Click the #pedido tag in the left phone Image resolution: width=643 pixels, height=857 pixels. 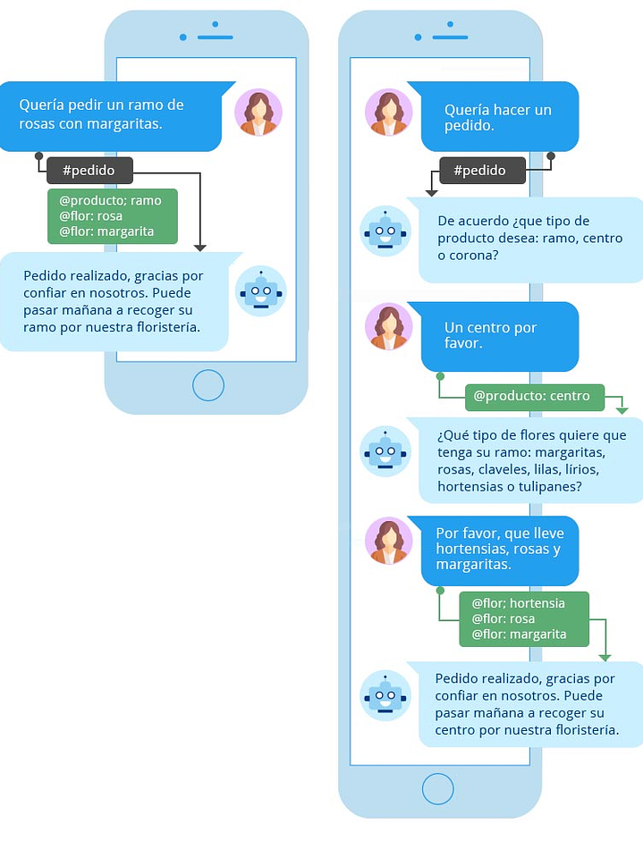(x=89, y=170)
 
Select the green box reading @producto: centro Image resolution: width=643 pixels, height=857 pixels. (x=533, y=396)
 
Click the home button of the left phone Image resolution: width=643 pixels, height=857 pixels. (x=207, y=386)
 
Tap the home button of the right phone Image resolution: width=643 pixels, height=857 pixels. (x=437, y=789)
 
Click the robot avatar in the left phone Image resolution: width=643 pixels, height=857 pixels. (x=260, y=291)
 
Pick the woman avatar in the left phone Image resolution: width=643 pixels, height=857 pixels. (x=258, y=113)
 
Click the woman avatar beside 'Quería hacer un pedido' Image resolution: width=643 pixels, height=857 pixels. (x=389, y=113)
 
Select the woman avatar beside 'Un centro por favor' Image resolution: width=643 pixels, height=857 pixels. (x=389, y=326)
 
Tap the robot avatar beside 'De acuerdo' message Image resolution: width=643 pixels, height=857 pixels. (x=385, y=231)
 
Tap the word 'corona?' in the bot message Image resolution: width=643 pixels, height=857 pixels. (x=475, y=255)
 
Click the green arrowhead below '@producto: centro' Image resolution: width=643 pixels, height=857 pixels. (x=622, y=410)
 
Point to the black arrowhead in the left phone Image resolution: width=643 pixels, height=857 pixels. (x=199, y=247)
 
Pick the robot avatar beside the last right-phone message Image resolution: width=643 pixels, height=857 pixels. (x=385, y=695)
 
